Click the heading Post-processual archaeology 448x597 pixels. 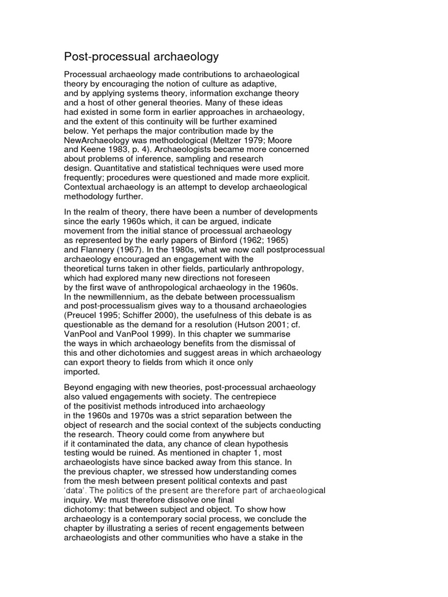point(141,57)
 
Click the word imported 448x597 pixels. point(82,371)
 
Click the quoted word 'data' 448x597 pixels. point(76,490)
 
